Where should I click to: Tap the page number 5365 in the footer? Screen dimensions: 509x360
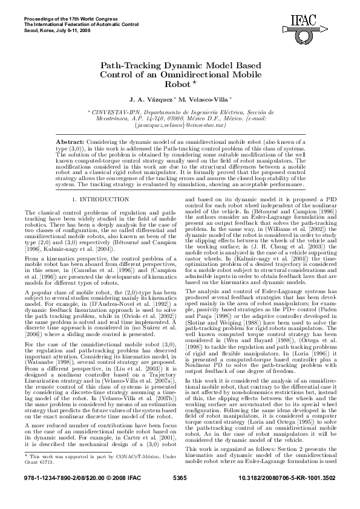point(180,494)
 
